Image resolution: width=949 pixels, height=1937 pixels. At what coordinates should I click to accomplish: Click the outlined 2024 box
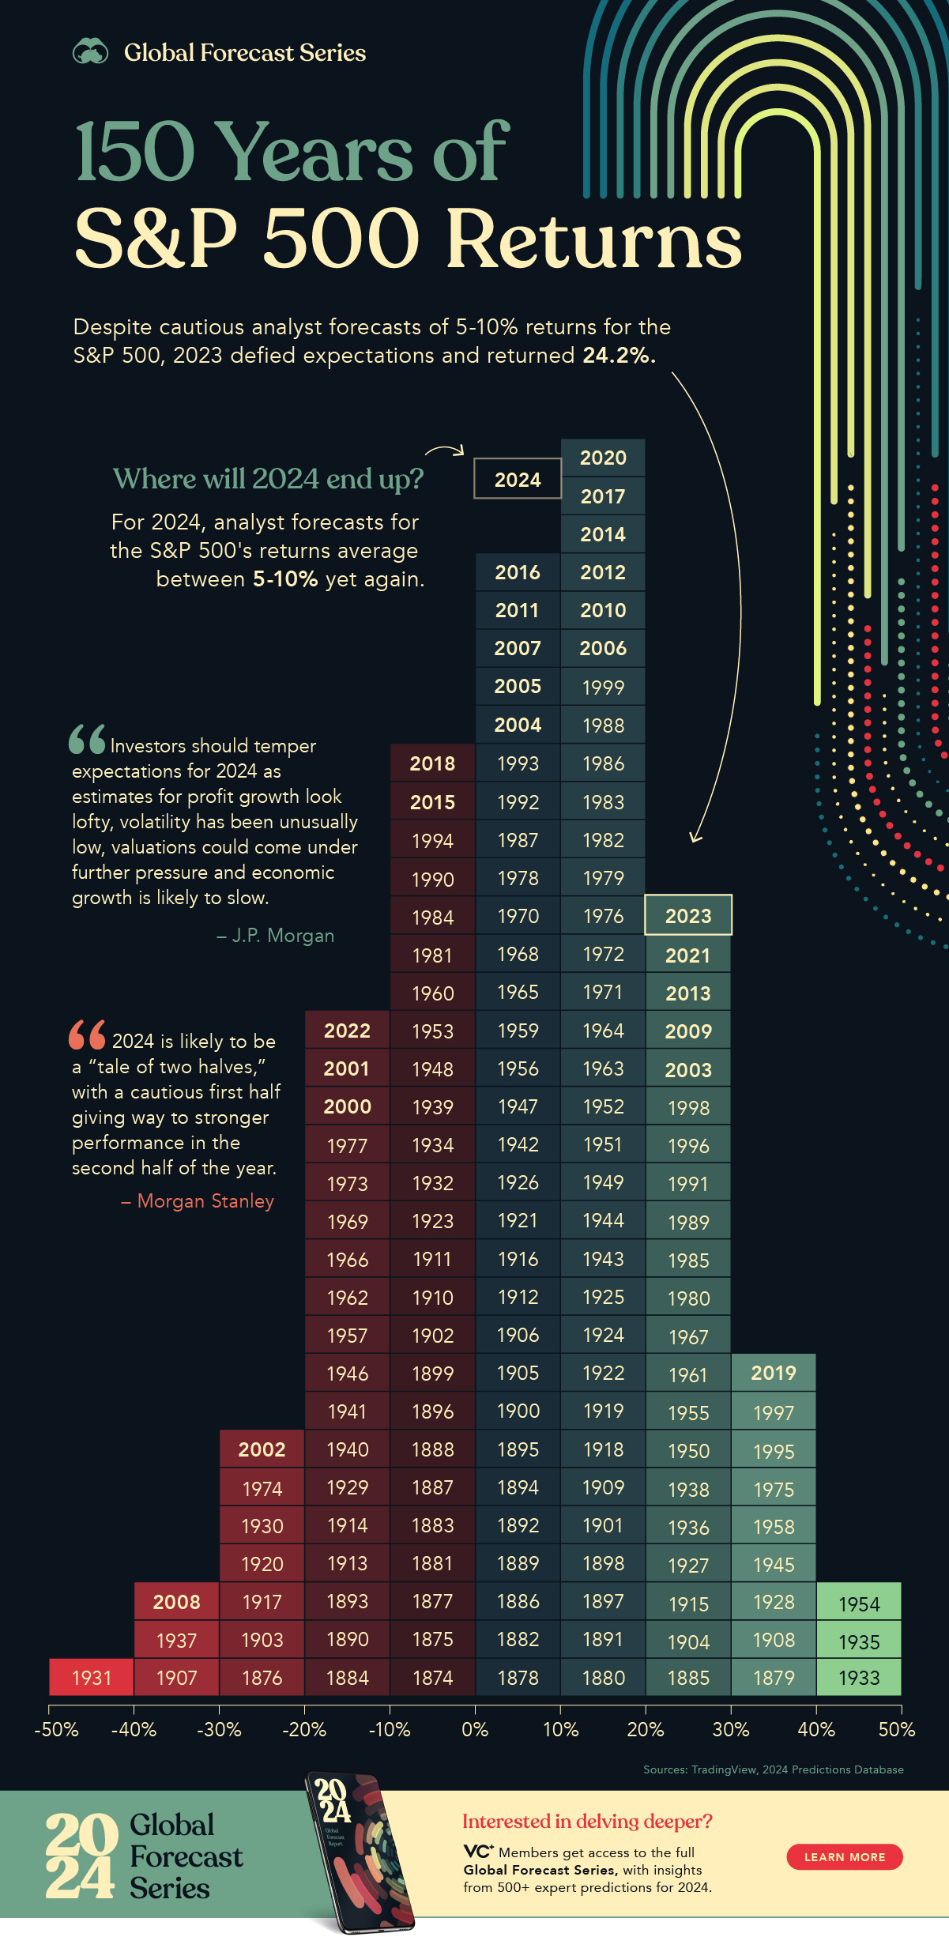click(518, 479)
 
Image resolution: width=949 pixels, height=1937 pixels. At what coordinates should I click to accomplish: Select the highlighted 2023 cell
click(688, 915)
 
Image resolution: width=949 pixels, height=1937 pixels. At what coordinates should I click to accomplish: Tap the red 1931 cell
click(92, 1677)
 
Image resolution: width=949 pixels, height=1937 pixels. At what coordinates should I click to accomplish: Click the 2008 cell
click(176, 1601)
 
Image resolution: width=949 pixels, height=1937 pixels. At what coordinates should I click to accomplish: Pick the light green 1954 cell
click(859, 1603)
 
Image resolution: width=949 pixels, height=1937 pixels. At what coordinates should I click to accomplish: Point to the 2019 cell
click(774, 1373)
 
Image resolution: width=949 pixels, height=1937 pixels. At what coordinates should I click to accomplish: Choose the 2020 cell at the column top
click(603, 458)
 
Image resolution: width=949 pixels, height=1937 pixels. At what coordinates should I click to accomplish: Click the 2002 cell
click(262, 1449)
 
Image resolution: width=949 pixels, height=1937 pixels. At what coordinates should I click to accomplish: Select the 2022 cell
click(347, 1031)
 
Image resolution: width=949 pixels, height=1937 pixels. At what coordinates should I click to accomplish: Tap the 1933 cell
click(859, 1677)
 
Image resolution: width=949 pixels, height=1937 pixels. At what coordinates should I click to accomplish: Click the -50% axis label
click(56, 1729)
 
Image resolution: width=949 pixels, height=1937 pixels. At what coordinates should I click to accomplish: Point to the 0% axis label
click(475, 1729)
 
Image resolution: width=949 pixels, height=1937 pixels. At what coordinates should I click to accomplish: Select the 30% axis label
click(731, 1729)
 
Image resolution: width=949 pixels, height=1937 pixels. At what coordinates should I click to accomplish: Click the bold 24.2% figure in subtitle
click(619, 356)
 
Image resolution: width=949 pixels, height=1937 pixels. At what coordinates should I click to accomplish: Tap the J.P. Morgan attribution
click(276, 936)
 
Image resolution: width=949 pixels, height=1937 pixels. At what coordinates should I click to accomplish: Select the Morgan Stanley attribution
click(198, 1201)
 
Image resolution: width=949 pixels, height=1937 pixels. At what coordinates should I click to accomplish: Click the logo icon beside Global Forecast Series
click(91, 52)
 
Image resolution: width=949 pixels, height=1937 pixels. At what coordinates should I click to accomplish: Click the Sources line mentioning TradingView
click(773, 1769)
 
